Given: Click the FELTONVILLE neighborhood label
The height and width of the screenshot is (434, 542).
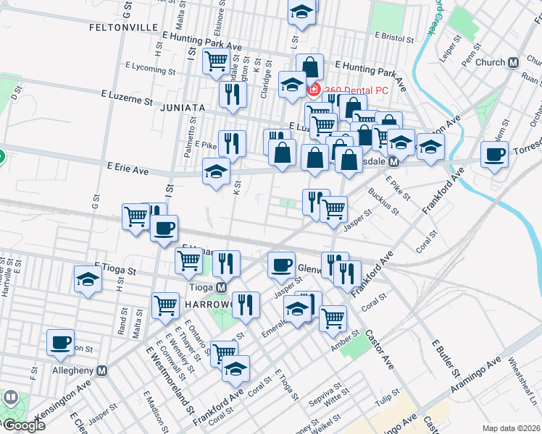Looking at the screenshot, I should click(x=123, y=27).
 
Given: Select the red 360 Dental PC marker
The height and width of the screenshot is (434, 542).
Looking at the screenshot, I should click(x=314, y=90).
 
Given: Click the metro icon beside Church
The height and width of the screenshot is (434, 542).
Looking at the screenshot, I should click(x=513, y=62).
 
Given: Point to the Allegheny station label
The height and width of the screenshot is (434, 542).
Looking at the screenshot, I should click(x=71, y=370).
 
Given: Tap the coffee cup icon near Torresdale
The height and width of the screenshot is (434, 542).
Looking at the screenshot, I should click(x=496, y=154).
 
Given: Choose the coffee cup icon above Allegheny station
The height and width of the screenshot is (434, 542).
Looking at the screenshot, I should click(x=61, y=341).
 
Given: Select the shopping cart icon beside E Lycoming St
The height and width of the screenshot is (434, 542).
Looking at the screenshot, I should click(x=216, y=64).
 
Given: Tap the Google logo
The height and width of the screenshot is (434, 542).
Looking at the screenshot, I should click(x=24, y=425).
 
